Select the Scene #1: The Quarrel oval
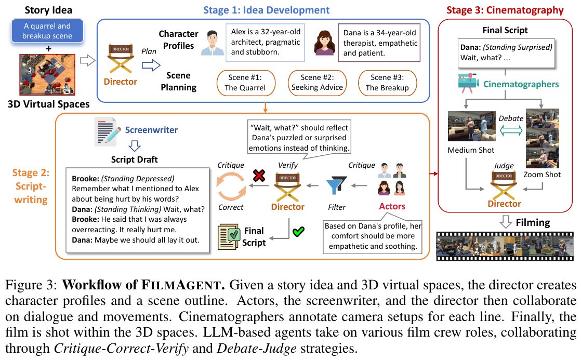coord(245,83)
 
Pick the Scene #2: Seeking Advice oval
coord(317,83)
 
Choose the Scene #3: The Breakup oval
coord(388,83)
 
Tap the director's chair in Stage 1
coord(121,59)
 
